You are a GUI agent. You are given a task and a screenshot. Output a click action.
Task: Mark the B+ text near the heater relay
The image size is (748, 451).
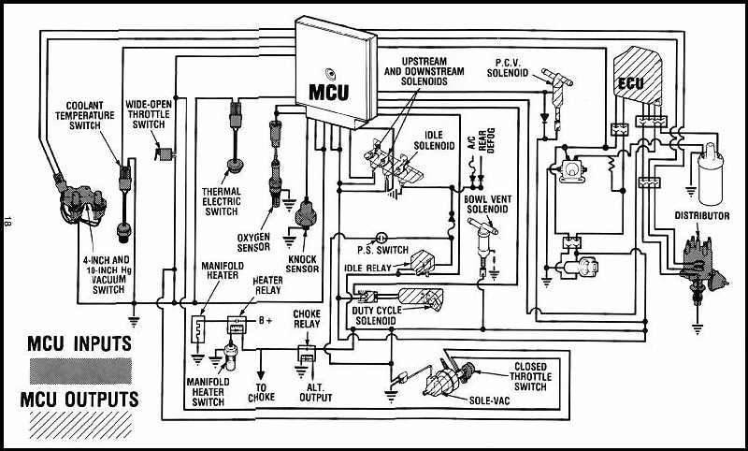point(266,320)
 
